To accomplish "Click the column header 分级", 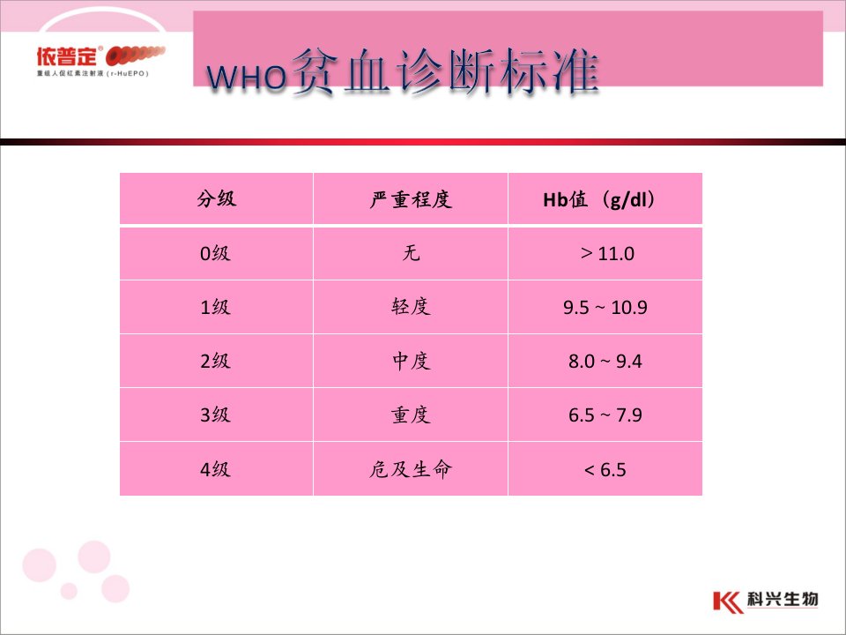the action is coord(217,198).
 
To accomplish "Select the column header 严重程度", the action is coord(411,199).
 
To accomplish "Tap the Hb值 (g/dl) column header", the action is coord(600,200).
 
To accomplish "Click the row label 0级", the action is coord(215,253).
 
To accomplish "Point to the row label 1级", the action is coord(215,307).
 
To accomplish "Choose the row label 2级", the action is coord(215,361).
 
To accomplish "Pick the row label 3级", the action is coord(215,415).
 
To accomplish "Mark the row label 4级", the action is coord(215,468).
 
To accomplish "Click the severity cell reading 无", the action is coord(412,253).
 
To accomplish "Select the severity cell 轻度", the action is coord(412,307).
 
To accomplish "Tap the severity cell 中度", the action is coord(412,361).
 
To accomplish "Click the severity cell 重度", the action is coord(412,415).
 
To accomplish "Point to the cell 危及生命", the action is coord(411,468).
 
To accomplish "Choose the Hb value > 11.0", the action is coord(607,253).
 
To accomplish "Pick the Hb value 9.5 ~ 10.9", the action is coord(605,307).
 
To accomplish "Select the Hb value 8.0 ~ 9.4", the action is coord(605,362).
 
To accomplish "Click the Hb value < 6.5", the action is coord(605,470).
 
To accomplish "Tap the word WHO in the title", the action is coord(246,78).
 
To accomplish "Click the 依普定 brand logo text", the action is coord(66,56).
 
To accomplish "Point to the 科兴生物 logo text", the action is coord(783,599).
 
